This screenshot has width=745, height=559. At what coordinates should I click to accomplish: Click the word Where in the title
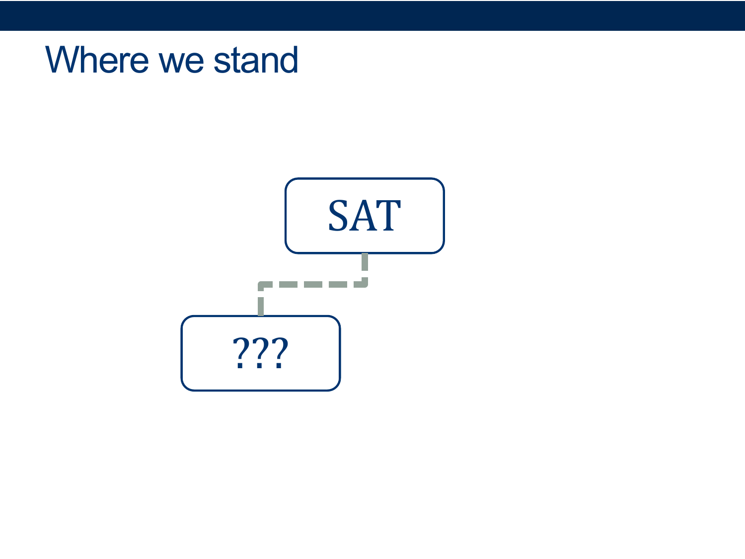(97, 60)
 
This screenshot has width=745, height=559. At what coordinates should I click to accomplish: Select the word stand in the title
(256, 60)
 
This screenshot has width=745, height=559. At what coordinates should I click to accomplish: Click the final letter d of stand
(289, 60)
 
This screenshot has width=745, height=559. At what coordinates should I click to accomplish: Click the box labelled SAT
(365, 216)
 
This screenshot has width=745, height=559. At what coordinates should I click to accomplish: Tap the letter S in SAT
(338, 215)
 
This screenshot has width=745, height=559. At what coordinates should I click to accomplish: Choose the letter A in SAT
(363, 216)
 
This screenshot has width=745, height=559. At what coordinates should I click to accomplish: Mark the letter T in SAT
(388, 216)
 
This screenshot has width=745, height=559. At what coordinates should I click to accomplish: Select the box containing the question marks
(261, 353)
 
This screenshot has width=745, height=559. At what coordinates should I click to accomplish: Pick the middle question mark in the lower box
(260, 353)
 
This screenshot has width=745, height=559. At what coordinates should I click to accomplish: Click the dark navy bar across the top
(372, 15)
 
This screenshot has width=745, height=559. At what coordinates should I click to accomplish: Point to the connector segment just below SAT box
(365, 262)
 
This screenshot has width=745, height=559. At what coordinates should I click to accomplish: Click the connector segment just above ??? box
(261, 307)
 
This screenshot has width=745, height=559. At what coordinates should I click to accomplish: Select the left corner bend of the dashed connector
(261, 284)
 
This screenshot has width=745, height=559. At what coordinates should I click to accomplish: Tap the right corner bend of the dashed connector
(365, 284)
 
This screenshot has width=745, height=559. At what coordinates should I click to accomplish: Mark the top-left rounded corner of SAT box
(289, 182)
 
